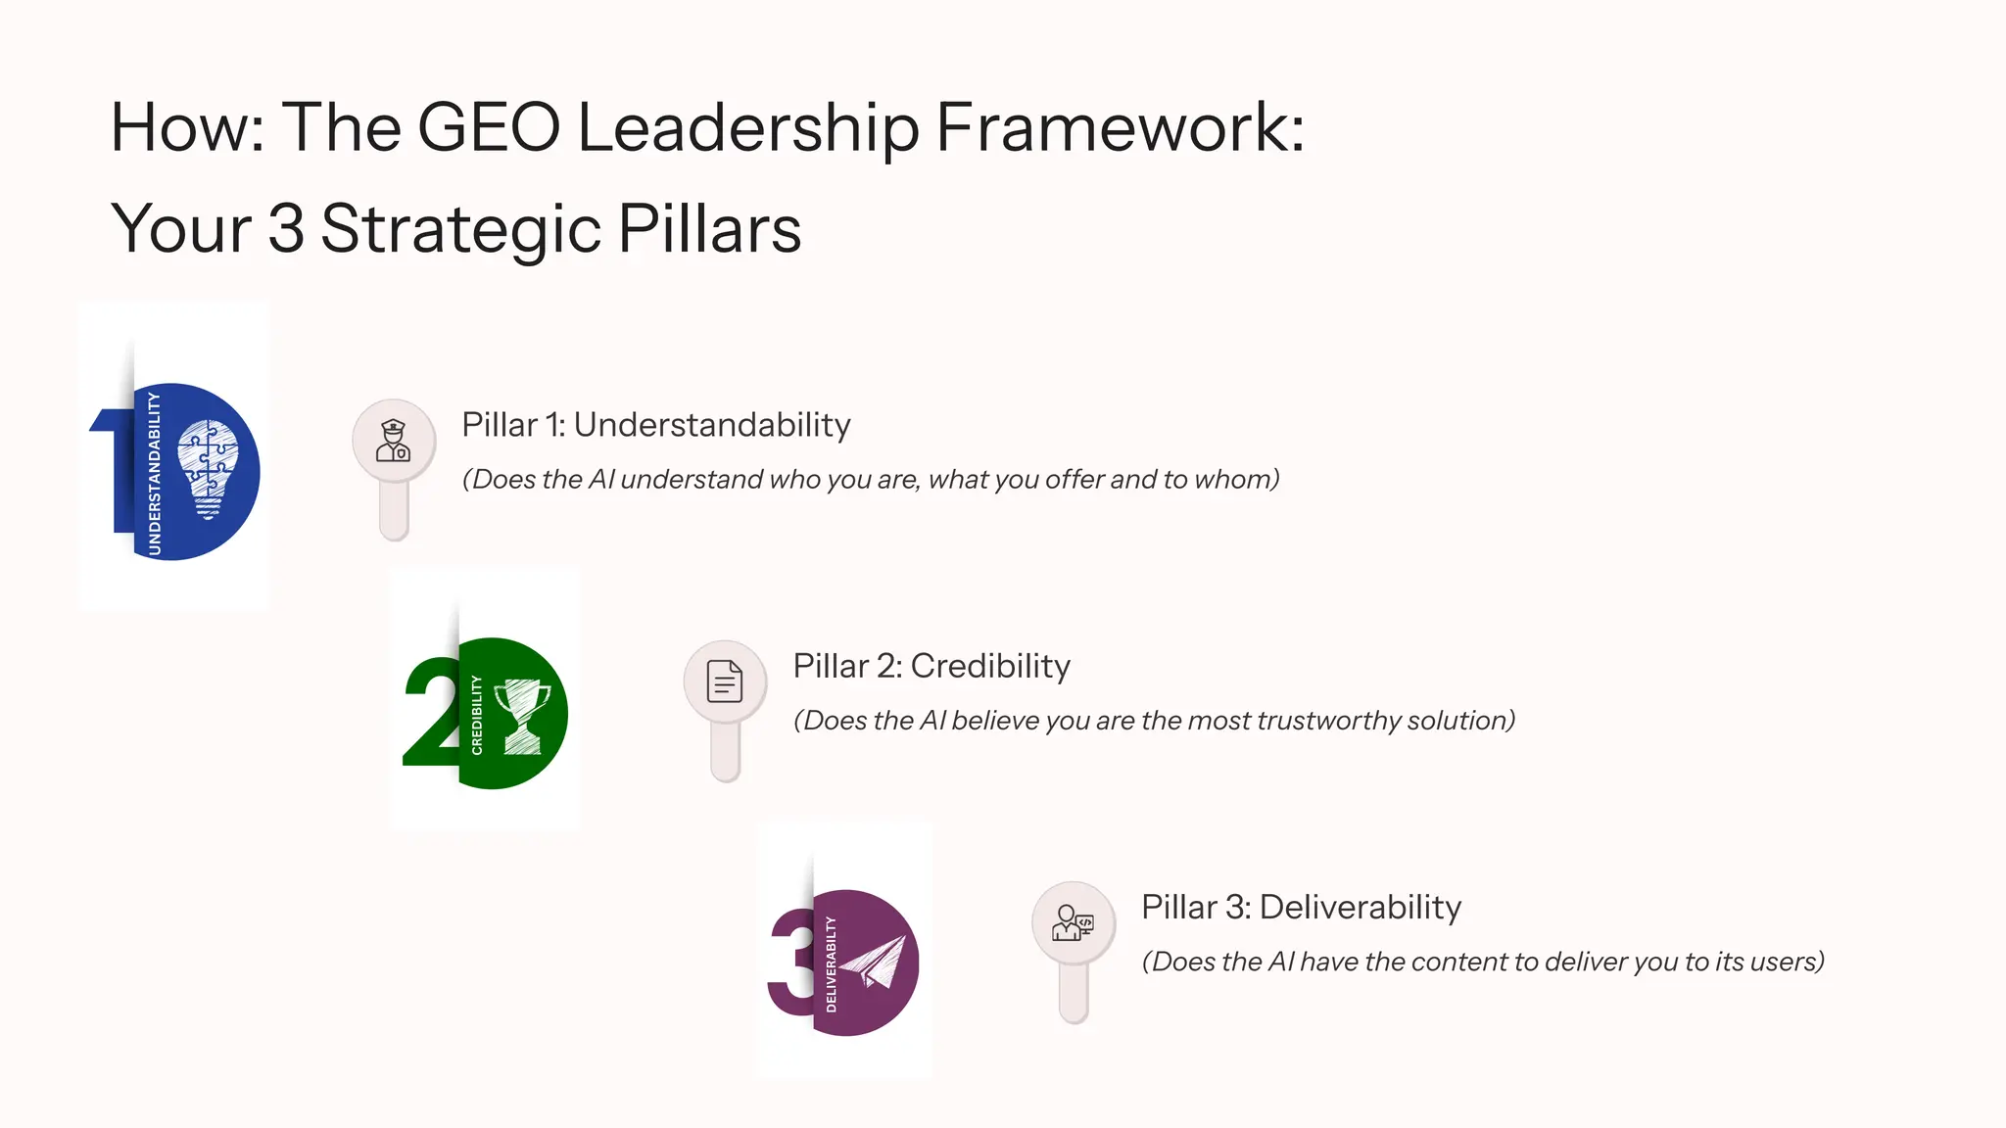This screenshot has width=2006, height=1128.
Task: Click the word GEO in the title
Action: [488, 127]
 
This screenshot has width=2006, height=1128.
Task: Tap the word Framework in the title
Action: [1121, 127]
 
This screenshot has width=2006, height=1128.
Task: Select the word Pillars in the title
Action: [709, 229]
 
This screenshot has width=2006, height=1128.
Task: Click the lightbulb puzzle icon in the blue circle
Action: [208, 469]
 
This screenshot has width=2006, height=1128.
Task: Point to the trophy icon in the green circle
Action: [522, 716]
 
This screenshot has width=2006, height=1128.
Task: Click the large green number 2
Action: [429, 712]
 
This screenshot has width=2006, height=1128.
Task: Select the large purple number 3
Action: [789, 962]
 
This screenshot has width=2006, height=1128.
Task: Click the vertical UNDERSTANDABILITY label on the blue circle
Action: [154, 473]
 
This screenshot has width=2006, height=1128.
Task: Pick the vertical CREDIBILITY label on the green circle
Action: [477, 715]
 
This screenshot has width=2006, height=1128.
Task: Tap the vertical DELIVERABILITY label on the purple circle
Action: [831, 964]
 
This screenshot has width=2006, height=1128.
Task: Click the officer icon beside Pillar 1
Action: [394, 441]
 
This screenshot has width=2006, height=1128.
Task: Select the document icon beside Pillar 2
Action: [725, 681]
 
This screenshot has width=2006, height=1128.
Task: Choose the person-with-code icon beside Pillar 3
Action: [1073, 922]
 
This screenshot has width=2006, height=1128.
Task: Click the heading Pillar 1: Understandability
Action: [656, 425]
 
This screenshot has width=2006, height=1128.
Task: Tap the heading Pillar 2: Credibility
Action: [931, 666]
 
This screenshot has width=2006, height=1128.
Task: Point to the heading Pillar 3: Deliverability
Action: [1301, 907]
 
